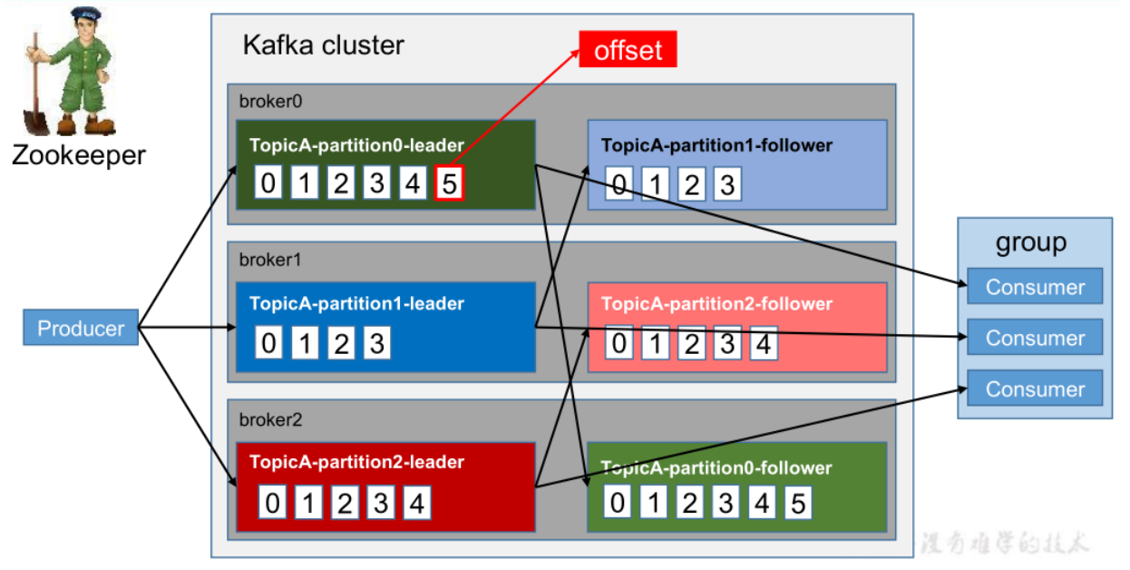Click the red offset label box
click(x=628, y=50)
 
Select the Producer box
click(x=81, y=329)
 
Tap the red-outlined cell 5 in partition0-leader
click(x=450, y=184)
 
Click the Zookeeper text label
click(x=78, y=155)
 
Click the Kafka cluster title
click(x=323, y=45)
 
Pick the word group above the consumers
click(x=1031, y=242)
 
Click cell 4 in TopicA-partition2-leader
click(x=416, y=503)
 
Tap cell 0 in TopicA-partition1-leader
click(x=268, y=344)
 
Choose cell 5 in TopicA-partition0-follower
click(x=798, y=503)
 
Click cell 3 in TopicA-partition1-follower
click(x=726, y=184)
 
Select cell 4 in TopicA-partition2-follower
click(x=763, y=344)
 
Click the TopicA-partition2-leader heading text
click(x=356, y=462)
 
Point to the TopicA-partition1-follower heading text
click(x=716, y=145)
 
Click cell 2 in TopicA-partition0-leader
click(x=341, y=184)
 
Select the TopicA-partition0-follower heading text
click(x=716, y=468)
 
